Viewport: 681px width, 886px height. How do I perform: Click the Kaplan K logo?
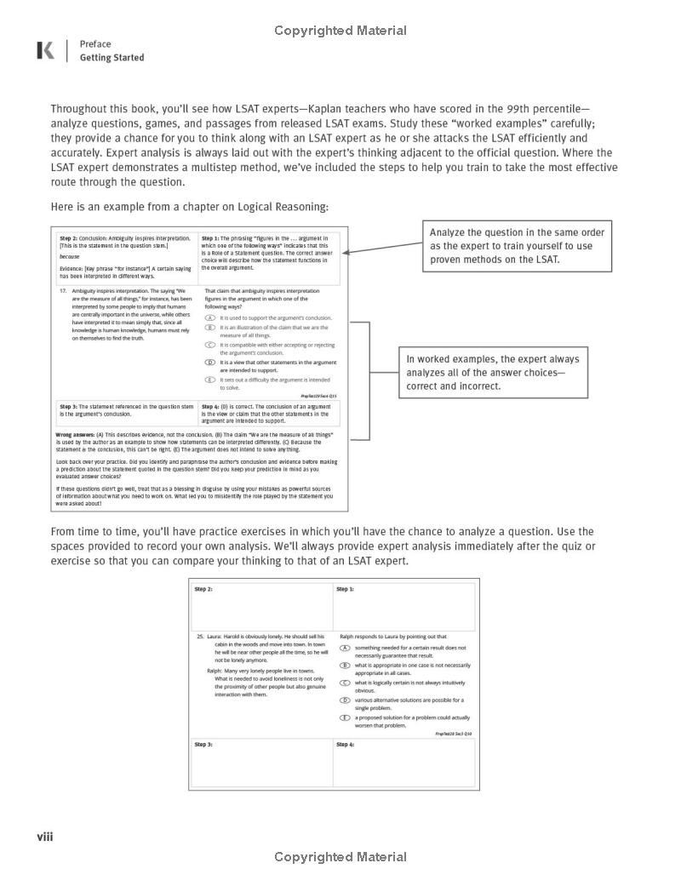(x=45, y=51)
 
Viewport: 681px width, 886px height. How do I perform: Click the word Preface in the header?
(x=95, y=44)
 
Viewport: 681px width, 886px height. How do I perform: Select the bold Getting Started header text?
(x=112, y=58)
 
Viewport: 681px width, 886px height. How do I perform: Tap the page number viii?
(x=44, y=837)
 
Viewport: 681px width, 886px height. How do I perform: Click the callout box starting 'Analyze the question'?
(x=505, y=246)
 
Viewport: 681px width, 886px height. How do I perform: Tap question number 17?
(x=63, y=291)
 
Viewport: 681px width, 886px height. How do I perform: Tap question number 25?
(x=200, y=636)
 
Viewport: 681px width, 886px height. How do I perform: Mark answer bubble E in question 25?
(x=345, y=718)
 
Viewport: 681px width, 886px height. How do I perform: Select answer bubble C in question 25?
(x=345, y=683)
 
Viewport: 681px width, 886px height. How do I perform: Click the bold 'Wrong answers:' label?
(x=75, y=434)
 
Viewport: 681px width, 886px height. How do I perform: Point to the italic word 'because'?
(x=69, y=256)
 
